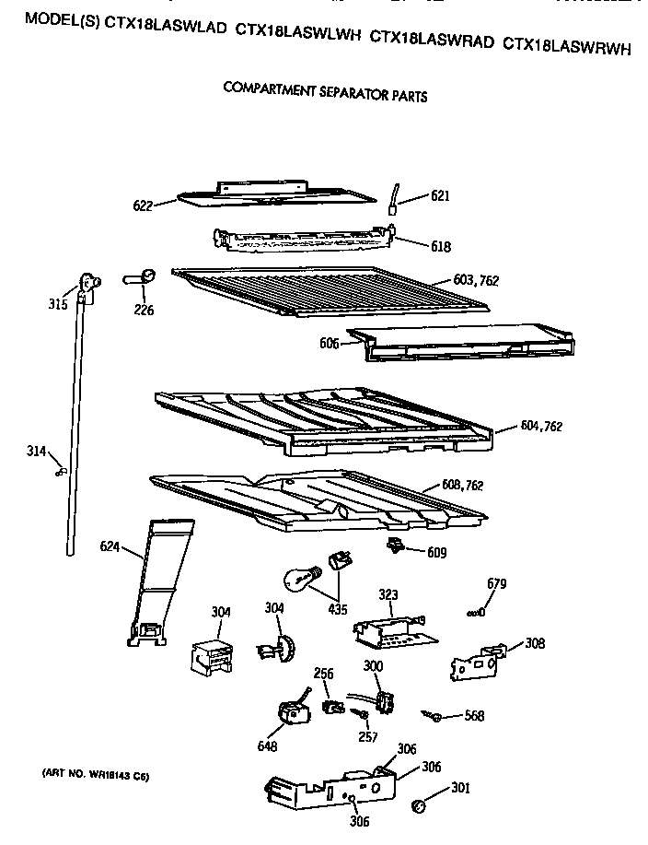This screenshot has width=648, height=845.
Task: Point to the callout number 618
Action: click(441, 246)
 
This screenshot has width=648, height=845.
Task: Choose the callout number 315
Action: click(58, 303)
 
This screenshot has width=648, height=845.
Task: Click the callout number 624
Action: click(110, 546)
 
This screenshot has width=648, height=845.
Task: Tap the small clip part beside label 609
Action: click(398, 547)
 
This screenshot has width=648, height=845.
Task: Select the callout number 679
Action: click(496, 584)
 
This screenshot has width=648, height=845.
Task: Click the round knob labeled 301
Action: click(418, 806)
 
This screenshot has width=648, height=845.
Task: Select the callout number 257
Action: click(366, 737)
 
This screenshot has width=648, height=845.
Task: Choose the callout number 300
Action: click(373, 666)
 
